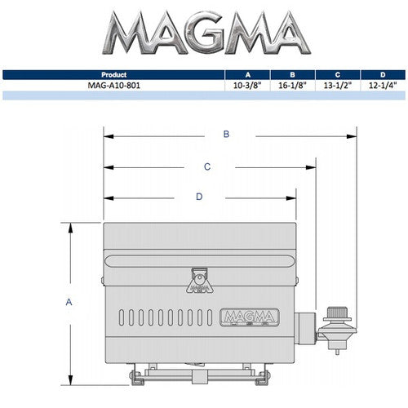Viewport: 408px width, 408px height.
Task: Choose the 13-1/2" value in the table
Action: [x=337, y=84]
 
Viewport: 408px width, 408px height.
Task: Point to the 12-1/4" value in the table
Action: [x=382, y=84]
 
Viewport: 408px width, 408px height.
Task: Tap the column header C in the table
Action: [x=337, y=74]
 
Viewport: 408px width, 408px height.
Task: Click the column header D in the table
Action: [x=382, y=74]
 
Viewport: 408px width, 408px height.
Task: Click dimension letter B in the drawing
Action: [x=227, y=134]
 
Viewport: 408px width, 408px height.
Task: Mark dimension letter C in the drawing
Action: [x=207, y=166]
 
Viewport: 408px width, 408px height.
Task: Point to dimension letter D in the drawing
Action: [x=199, y=197]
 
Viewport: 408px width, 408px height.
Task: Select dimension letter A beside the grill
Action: [x=69, y=302]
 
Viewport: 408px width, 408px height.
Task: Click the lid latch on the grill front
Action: [x=198, y=282]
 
